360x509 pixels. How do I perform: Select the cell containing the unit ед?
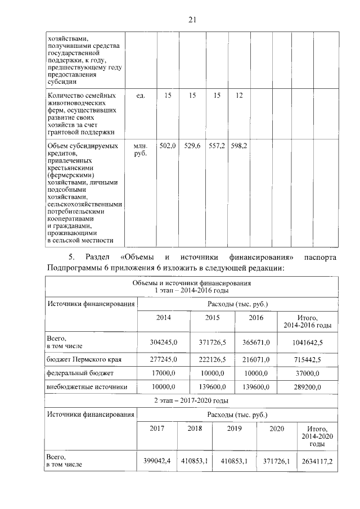[141, 96]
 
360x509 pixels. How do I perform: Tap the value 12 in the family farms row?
[239, 96]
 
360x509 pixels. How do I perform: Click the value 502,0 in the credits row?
[168, 146]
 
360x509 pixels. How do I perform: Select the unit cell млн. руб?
[141, 150]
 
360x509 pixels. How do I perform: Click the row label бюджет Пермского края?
[84, 358]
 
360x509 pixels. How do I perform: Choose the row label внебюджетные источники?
[87, 387]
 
